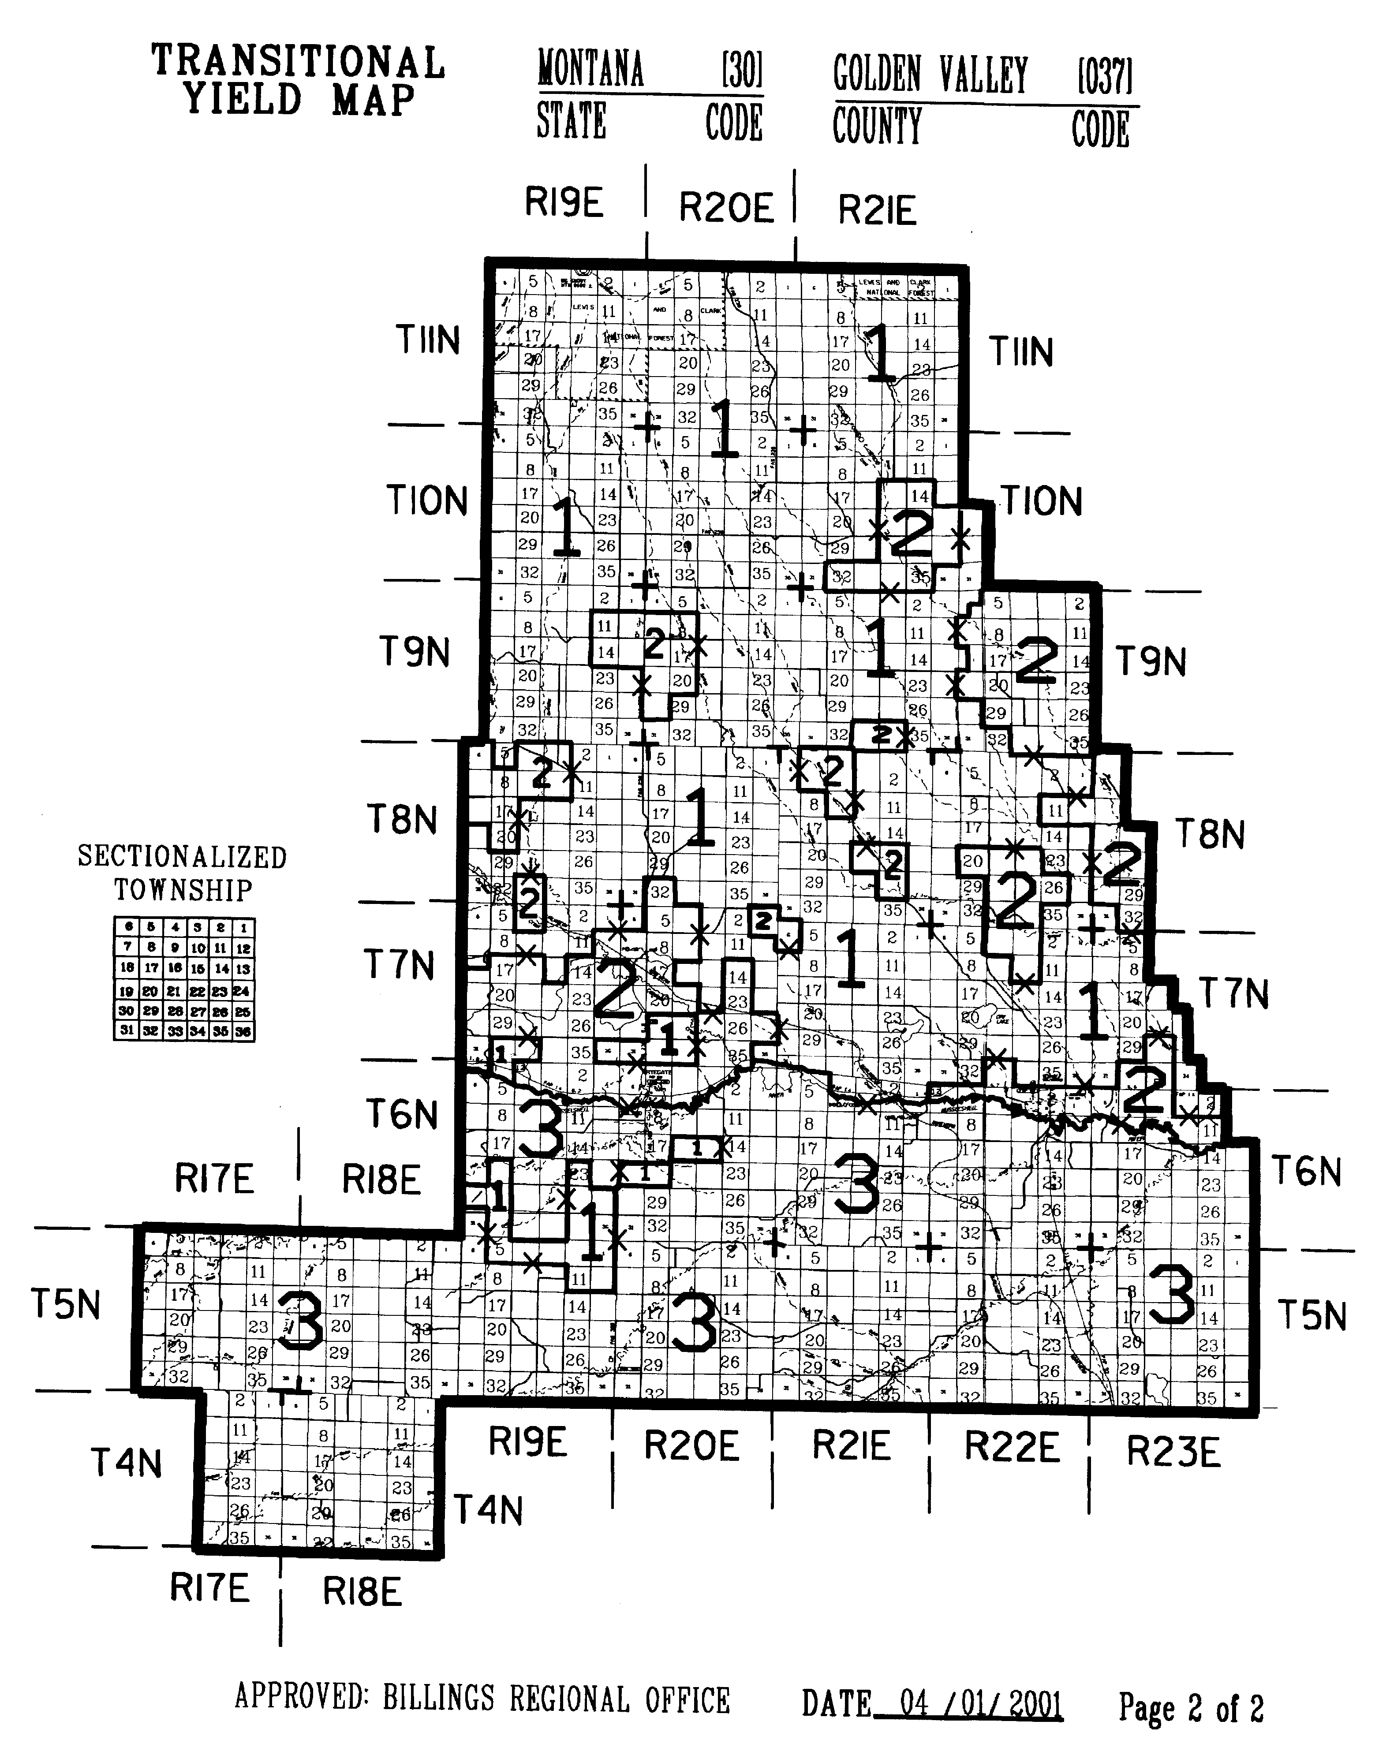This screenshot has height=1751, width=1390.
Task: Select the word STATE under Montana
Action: (571, 122)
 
